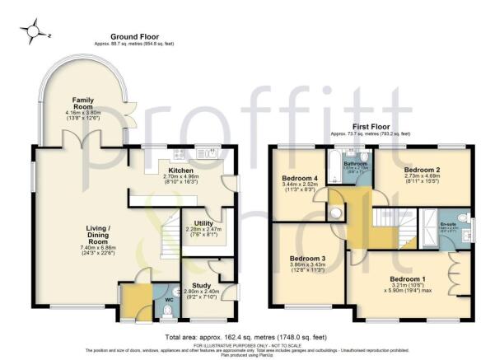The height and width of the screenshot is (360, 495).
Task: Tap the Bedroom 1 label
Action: coord(407,278)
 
